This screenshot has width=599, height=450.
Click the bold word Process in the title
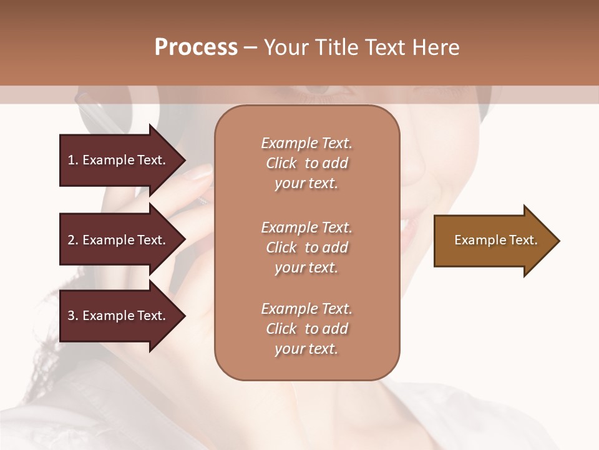click(x=196, y=47)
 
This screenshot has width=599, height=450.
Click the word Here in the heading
click(x=435, y=47)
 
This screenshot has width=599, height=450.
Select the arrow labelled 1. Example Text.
click(x=116, y=160)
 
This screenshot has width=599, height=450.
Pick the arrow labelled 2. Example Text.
click(x=116, y=240)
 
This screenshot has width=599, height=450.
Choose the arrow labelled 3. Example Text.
click(x=116, y=316)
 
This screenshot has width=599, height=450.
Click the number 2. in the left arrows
click(x=72, y=240)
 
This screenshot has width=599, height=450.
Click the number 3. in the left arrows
click(x=72, y=316)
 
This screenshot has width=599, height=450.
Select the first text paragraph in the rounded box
click(x=306, y=163)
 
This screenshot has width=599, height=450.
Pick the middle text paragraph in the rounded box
click(x=306, y=247)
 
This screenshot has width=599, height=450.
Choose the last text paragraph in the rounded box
click(x=306, y=329)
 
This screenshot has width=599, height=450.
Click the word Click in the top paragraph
click(x=281, y=163)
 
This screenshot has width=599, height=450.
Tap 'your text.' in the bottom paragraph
click(x=306, y=349)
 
